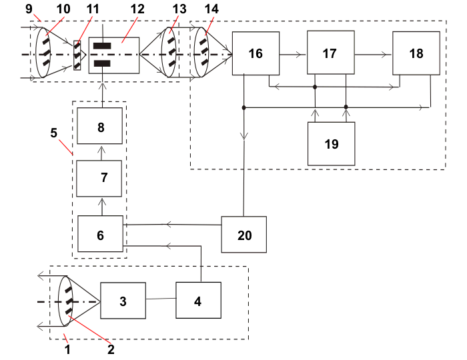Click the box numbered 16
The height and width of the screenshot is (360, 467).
click(255, 53)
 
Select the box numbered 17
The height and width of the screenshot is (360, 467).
click(330, 53)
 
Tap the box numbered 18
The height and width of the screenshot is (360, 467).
click(416, 53)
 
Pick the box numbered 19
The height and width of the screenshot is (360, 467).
click(331, 143)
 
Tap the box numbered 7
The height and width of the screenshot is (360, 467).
click(100, 179)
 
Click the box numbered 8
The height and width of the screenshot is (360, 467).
click(100, 127)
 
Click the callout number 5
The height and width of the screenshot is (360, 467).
click(54, 132)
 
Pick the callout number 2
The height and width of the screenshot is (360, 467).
click(111, 348)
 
